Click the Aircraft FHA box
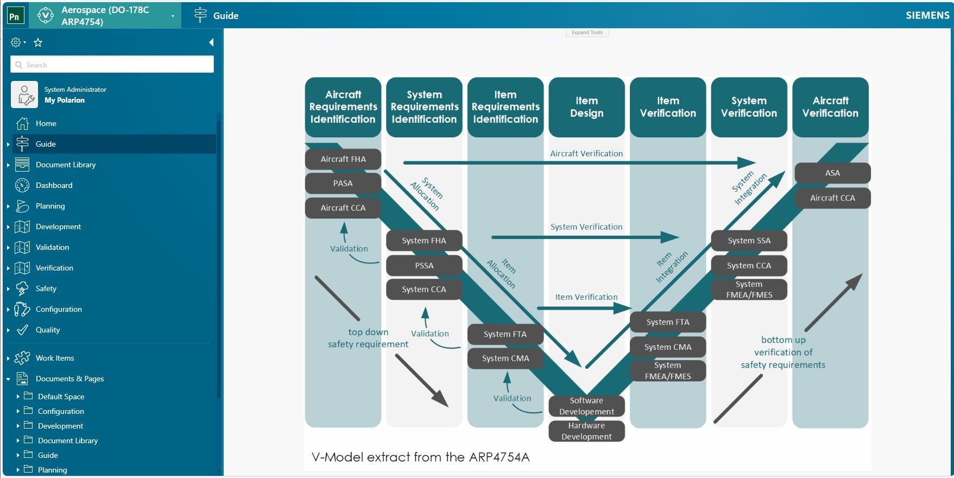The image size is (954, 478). coord(343,159)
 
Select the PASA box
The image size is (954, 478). coord(343,184)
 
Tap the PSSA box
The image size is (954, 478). coord(424,266)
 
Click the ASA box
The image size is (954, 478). coord(832,173)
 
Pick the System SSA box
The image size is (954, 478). coord(749,241)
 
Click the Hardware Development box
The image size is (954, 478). coord(586,431)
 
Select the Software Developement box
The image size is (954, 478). coord(586,406)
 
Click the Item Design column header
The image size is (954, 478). coord(586,107)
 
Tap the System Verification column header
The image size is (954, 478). coord(749,107)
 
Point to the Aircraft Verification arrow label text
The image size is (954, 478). coord(586,154)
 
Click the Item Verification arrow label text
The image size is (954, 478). coord(586,297)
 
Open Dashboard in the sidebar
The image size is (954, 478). coord(54,185)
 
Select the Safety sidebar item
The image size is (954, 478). coord(46,288)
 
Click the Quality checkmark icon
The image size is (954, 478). coord(22,330)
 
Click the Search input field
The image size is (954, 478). coord(112,65)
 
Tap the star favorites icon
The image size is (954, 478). coord(38,42)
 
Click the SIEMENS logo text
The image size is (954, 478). coord(927,15)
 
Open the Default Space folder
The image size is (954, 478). coord(61,397)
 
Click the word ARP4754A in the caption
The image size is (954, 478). coord(499,457)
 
